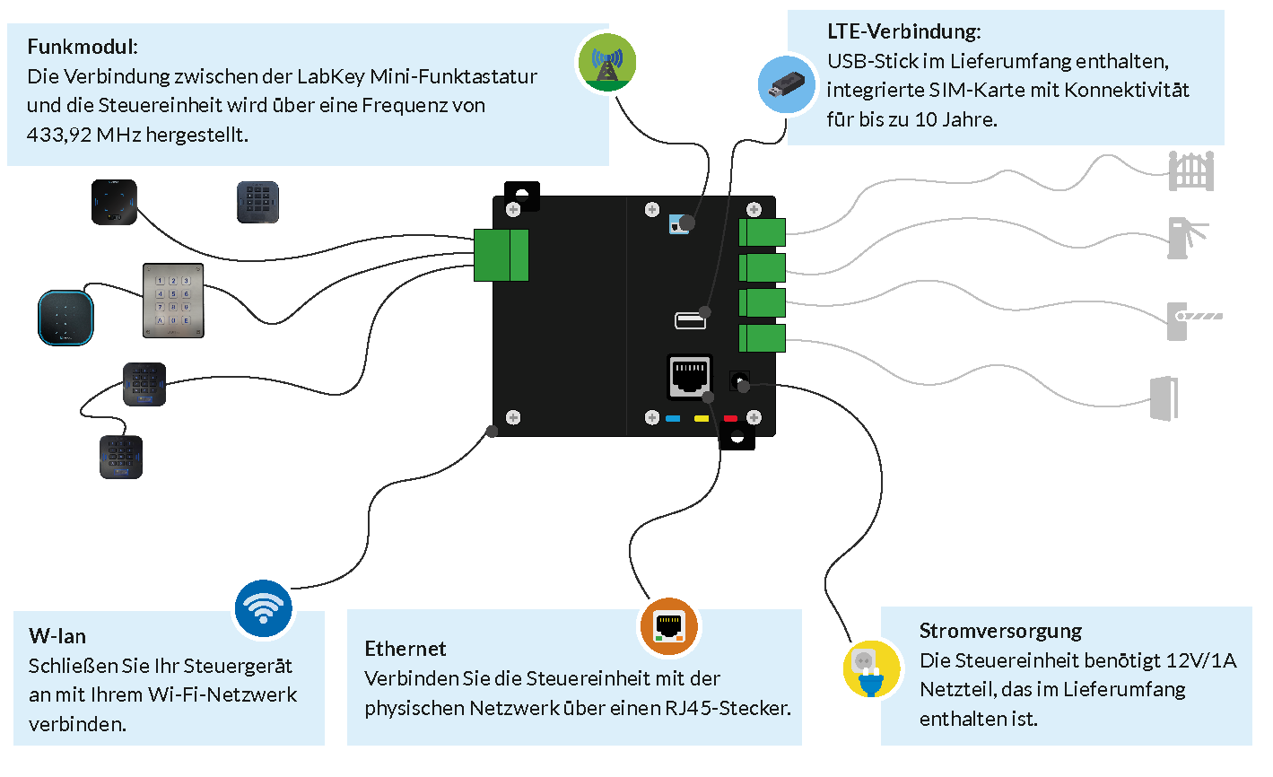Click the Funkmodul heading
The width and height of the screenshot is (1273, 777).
[83, 47]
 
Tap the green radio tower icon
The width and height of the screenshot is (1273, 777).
[606, 63]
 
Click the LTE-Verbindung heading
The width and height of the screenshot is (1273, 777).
[903, 31]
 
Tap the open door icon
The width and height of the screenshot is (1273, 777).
[1164, 397]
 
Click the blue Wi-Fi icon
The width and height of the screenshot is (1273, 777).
[263, 609]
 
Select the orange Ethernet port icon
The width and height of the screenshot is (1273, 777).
[668, 626]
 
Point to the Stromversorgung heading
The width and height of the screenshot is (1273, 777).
[1000, 631]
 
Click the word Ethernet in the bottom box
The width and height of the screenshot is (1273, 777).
[405, 649]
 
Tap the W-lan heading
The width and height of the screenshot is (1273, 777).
[57, 636]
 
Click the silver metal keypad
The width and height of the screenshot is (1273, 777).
[173, 300]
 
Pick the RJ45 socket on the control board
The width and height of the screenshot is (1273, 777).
[689, 375]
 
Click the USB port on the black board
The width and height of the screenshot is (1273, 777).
[689, 319]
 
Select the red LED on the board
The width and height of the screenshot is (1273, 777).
[730, 418]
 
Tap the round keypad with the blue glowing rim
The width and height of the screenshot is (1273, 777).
[65, 317]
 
